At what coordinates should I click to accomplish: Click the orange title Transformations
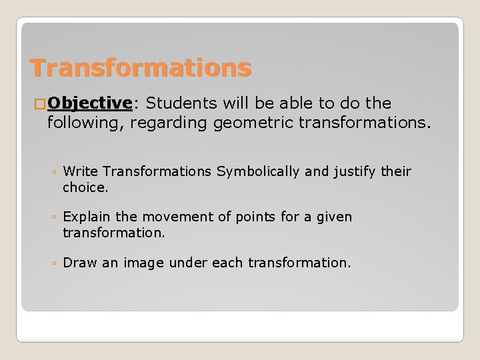[141, 67]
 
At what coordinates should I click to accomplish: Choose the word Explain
[87, 217]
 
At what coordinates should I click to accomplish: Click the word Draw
[78, 263]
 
